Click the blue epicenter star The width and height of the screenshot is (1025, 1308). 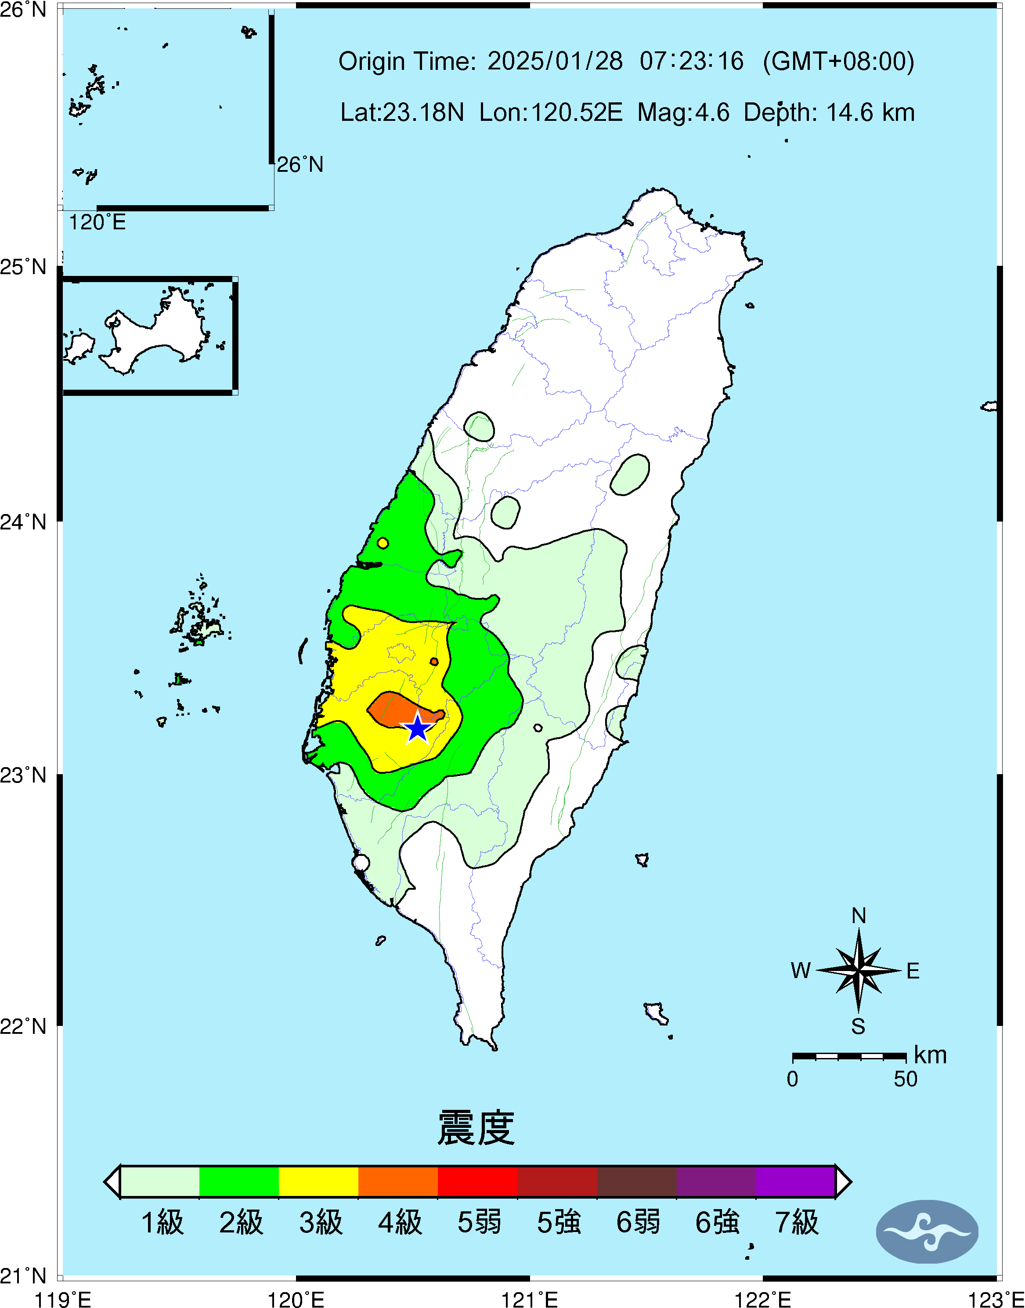pyautogui.click(x=417, y=728)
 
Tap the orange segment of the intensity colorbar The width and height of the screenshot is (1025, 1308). pyautogui.click(x=398, y=1181)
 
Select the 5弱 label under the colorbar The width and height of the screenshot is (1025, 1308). pyautogui.click(x=479, y=1222)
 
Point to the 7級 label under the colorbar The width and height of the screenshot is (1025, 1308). pyautogui.click(x=796, y=1222)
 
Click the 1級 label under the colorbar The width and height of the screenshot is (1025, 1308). pyautogui.click(x=162, y=1222)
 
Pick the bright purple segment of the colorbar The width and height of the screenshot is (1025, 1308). pyautogui.click(x=795, y=1181)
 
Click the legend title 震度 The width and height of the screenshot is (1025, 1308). pyautogui.click(x=476, y=1128)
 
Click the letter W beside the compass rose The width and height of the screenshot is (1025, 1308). pyautogui.click(x=801, y=971)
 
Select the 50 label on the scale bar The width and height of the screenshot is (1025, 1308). pyautogui.click(x=905, y=1079)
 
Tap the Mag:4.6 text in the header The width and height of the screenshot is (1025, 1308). pyautogui.click(x=683, y=112)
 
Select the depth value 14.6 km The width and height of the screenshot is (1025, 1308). pyautogui.click(x=870, y=112)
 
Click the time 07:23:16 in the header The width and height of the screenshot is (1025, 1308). pyautogui.click(x=691, y=61)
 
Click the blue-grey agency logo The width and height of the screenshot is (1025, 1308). pyautogui.click(x=927, y=1232)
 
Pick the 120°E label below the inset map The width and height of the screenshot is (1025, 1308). pyautogui.click(x=97, y=222)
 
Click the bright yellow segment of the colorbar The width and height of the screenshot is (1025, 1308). pyautogui.click(x=318, y=1181)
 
